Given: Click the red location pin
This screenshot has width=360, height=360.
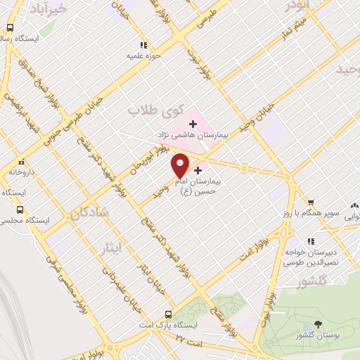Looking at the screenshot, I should [181, 165].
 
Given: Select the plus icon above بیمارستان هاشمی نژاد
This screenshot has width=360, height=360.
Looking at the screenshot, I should [193, 124].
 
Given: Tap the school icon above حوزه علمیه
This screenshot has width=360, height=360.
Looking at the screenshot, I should [144, 44].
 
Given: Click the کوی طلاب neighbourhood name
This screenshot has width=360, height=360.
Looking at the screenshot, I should [154, 110].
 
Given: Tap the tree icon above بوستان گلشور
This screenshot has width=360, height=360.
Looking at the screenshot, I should [319, 326].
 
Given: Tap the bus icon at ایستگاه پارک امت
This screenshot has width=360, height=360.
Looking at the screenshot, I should [168, 314].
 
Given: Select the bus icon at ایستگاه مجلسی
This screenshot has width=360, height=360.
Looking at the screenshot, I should [20, 210].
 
